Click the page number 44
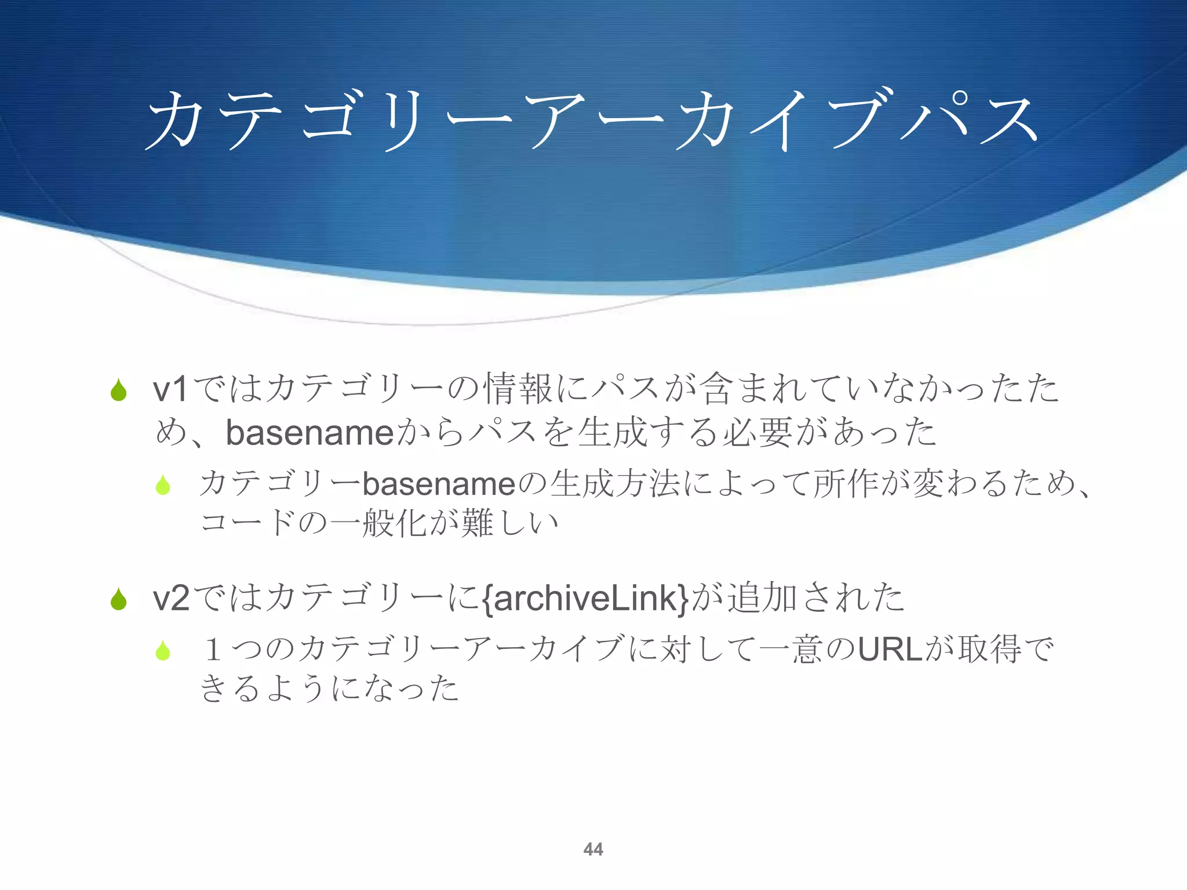(x=593, y=849)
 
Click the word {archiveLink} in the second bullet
(x=585, y=598)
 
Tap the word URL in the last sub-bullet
(x=890, y=649)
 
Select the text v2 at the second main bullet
(x=170, y=598)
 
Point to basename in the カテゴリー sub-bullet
(x=439, y=484)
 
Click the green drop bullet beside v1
(x=119, y=390)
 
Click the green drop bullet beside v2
(x=119, y=599)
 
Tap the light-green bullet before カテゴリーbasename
(x=163, y=485)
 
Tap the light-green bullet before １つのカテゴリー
(x=163, y=651)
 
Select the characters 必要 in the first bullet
(x=757, y=433)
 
